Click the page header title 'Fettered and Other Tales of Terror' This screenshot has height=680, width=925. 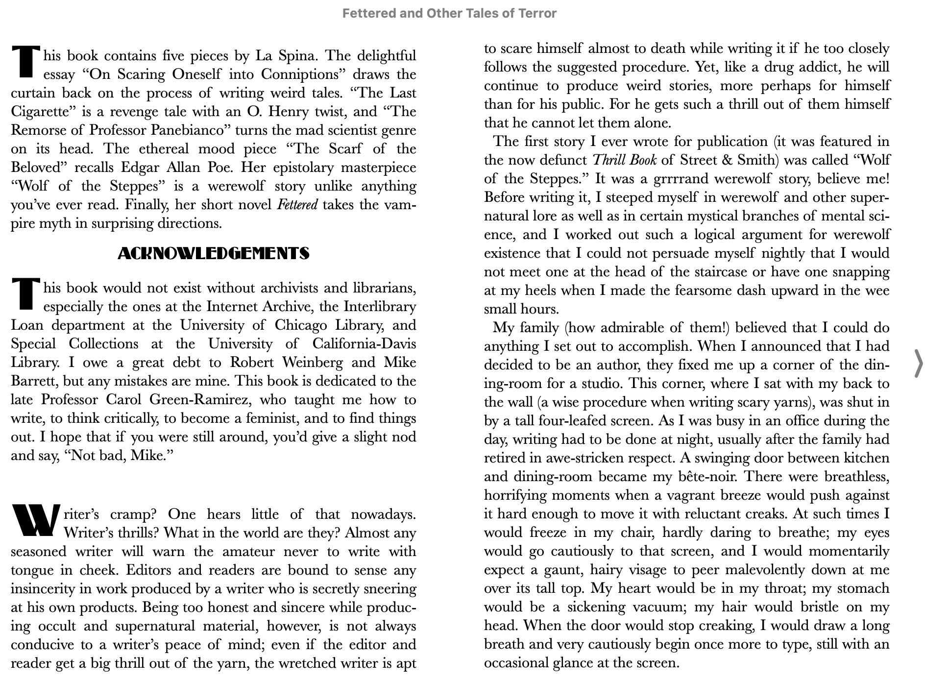point(449,13)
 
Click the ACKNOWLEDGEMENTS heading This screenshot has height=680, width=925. point(214,253)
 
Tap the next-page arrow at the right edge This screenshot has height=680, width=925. point(918,364)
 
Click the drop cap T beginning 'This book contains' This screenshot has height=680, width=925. point(25,62)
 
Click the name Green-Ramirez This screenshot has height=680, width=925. point(198,400)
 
